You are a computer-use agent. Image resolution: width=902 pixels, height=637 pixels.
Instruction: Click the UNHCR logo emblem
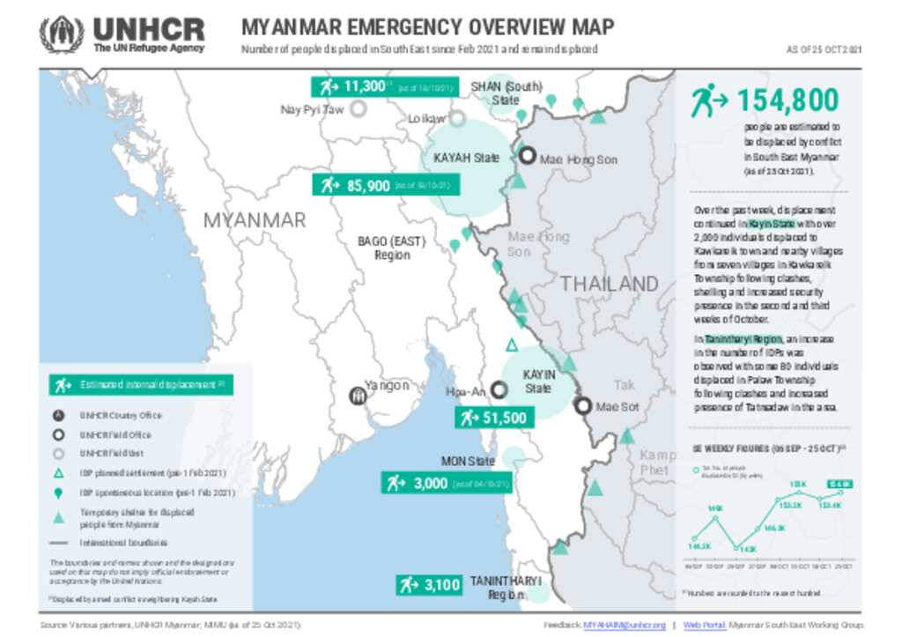(x=62, y=34)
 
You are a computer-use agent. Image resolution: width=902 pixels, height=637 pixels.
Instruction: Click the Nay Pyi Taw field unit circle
(x=359, y=109)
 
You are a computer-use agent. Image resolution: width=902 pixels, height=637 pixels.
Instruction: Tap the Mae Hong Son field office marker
(x=527, y=157)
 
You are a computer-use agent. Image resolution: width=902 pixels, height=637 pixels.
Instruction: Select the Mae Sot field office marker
(x=583, y=406)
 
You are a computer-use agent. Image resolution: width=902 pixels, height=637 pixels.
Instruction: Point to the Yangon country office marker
(x=358, y=396)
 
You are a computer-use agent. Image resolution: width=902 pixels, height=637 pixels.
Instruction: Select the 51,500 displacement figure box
(x=492, y=418)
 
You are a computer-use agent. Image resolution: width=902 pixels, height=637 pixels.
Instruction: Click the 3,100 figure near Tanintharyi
(x=429, y=584)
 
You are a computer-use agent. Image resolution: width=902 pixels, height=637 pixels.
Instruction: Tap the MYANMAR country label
(x=255, y=220)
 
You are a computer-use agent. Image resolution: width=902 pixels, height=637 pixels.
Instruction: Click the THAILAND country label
(x=610, y=284)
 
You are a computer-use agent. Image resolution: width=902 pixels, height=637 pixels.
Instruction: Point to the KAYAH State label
(x=466, y=159)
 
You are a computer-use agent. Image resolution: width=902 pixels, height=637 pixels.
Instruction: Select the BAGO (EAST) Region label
(x=391, y=248)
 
